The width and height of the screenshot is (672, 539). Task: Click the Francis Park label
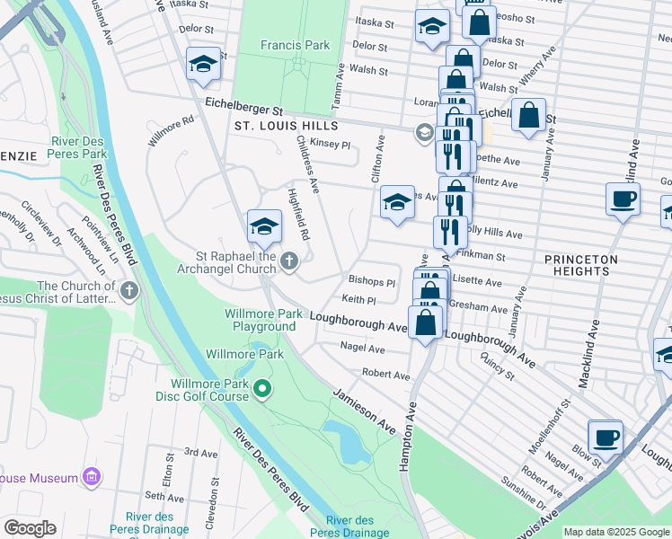(x=295, y=45)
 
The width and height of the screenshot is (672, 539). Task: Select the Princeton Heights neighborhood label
(x=581, y=265)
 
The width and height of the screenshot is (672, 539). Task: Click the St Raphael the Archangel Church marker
(x=288, y=261)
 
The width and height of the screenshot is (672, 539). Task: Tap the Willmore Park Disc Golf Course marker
(x=262, y=388)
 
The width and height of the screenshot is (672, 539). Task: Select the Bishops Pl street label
(x=372, y=282)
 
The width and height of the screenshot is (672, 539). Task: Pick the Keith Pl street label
(x=358, y=299)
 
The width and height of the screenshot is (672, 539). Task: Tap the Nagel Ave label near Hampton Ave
(x=363, y=347)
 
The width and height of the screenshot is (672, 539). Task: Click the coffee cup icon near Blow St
(x=606, y=437)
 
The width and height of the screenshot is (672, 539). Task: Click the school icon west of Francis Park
(x=204, y=64)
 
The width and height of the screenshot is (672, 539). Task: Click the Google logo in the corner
(x=30, y=528)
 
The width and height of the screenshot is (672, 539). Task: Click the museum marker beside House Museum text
(x=91, y=478)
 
